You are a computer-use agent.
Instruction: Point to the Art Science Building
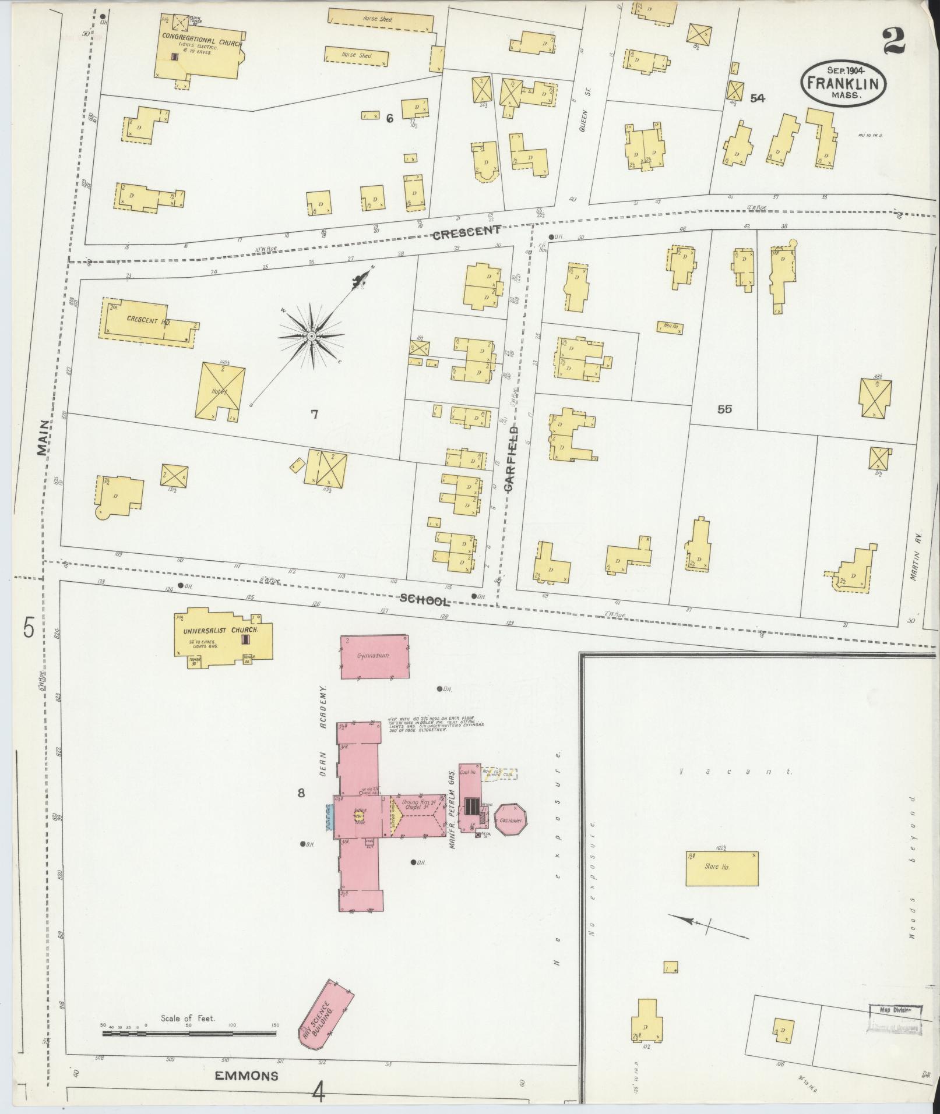pos(325,1013)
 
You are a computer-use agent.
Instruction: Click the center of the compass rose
pos(311,337)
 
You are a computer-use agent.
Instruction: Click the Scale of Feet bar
pos(189,1034)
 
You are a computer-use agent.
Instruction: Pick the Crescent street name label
pos(466,234)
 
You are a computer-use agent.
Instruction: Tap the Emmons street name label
pos(247,1076)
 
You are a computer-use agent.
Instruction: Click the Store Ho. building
pos(721,882)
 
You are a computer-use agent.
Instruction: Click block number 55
pos(724,409)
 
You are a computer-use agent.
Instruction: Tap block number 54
pos(757,98)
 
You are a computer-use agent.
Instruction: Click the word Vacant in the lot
pos(736,772)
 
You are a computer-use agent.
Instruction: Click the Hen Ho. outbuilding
pos(670,327)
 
